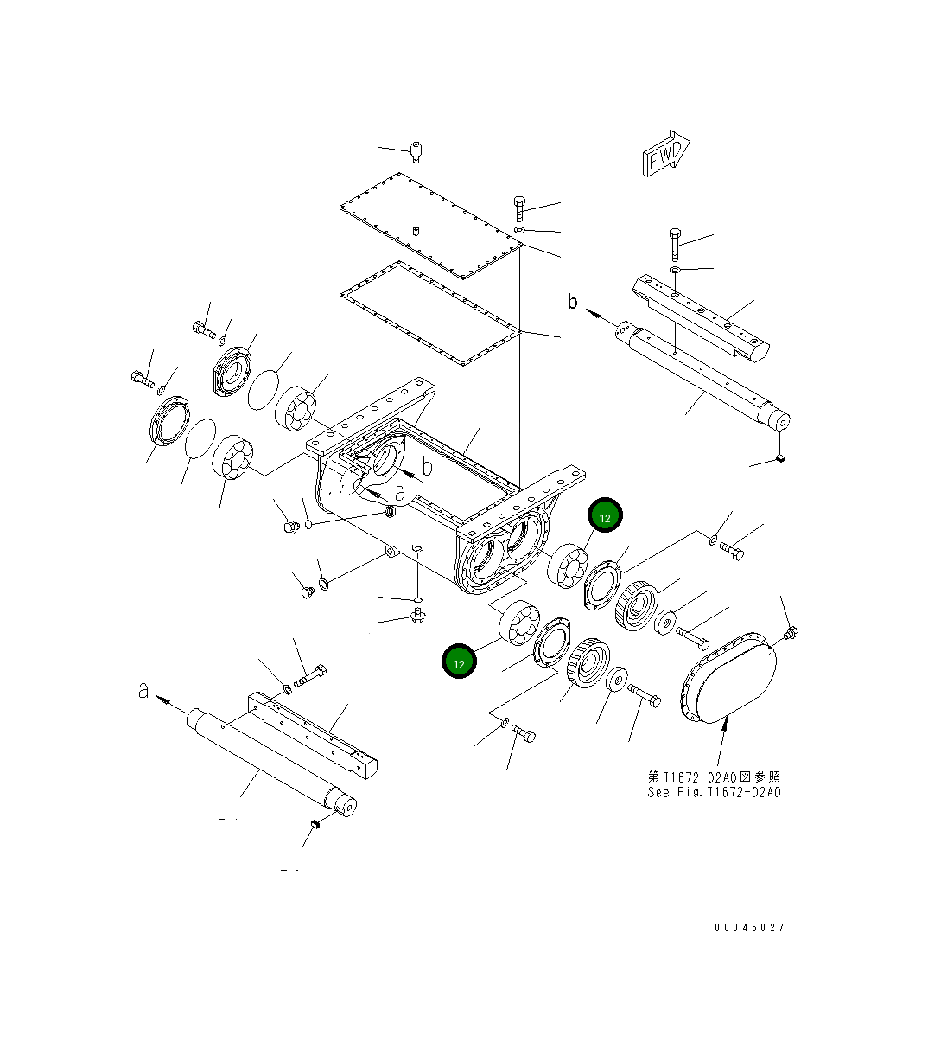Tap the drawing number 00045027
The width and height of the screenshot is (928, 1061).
pos(749,928)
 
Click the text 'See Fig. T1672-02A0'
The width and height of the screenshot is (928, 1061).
pos(714,792)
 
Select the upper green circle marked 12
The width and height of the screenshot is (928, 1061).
pos(605,517)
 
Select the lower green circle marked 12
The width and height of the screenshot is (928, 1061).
pos(459,662)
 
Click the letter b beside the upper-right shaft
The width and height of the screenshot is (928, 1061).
pos(572,302)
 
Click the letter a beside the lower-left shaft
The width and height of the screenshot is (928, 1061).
pos(143,690)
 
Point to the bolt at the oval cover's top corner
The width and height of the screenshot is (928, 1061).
pos(791,636)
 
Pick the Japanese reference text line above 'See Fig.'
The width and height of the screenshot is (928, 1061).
pos(714,777)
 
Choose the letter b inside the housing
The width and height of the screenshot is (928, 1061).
pos(425,468)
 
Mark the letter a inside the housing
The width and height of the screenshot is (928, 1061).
pos(398,494)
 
